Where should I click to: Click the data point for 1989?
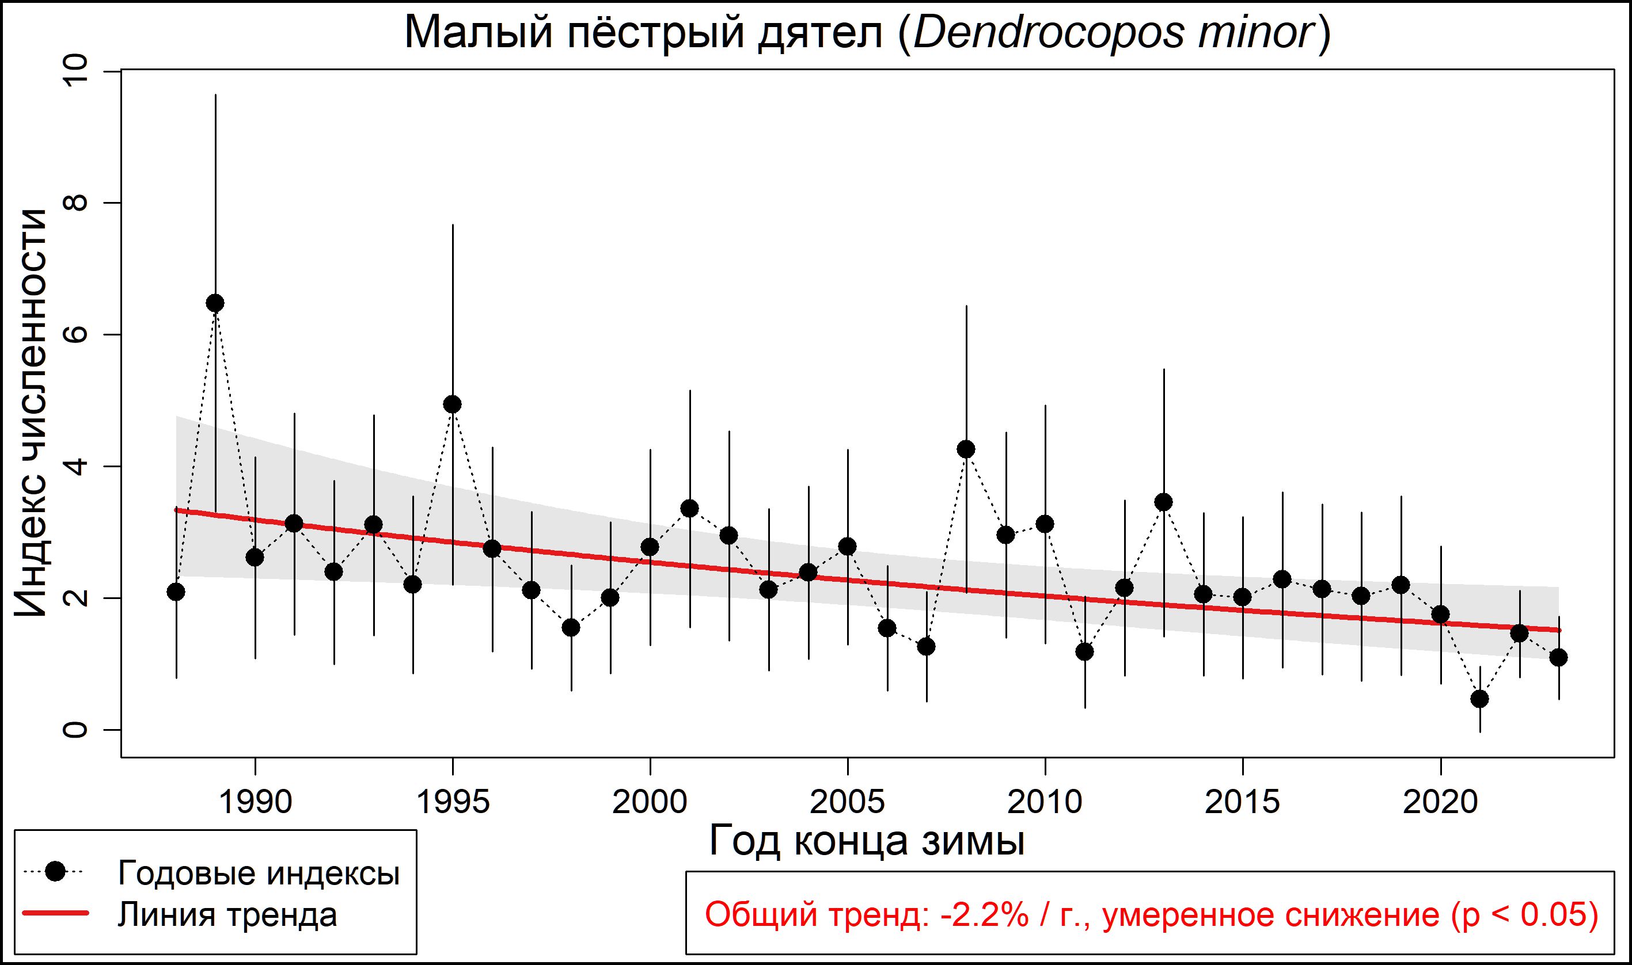[215, 303]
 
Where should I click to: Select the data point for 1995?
[452, 405]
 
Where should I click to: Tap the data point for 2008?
[966, 449]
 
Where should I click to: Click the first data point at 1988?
[176, 592]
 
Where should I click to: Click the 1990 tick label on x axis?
[255, 802]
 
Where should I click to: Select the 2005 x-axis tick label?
[847, 802]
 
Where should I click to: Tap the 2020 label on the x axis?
[1440, 802]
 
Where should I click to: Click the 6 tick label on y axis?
[75, 334]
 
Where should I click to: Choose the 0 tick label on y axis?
[75, 730]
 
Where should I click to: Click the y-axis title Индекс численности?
[31, 414]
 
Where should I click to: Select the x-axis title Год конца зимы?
[867, 841]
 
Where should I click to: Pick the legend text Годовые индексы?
[259, 874]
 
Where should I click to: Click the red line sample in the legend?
[56, 914]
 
